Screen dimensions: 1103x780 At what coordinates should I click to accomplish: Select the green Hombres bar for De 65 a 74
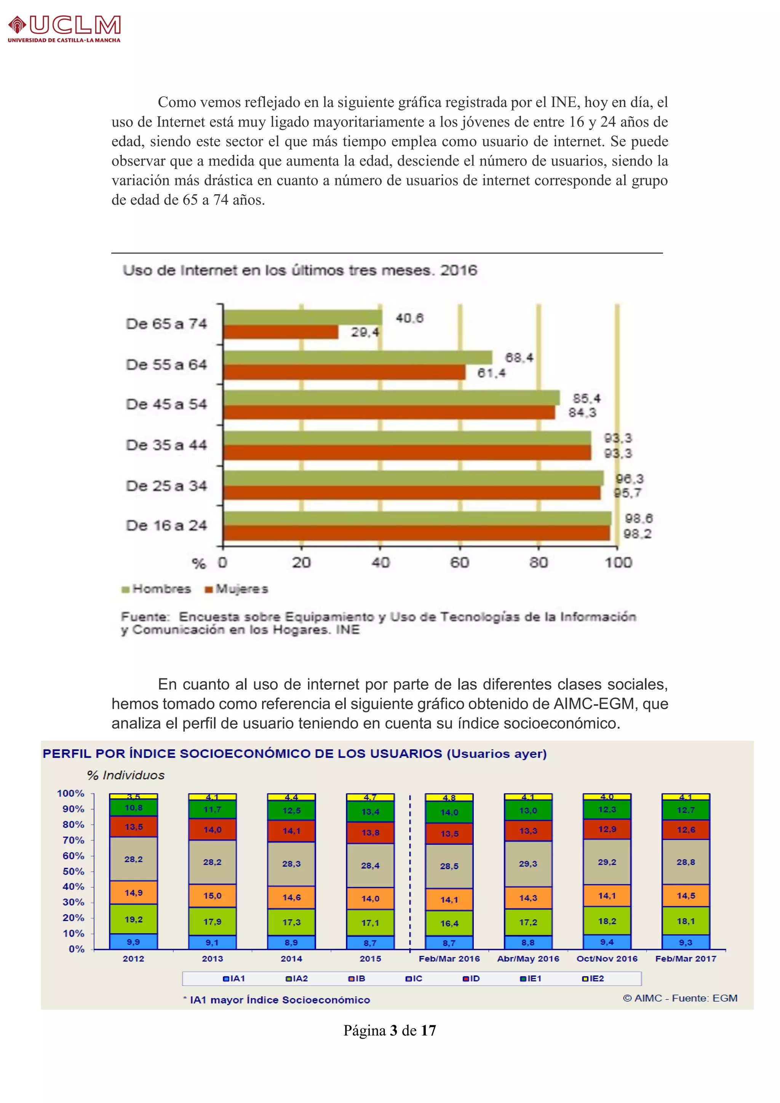pyautogui.click(x=302, y=317)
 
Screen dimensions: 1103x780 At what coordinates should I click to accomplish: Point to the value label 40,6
pyautogui.click(x=409, y=318)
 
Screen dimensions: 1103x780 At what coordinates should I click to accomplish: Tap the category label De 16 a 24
pyautogui.click(x=166, y=526)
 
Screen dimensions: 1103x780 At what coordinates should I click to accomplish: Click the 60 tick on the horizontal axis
pyautogui.click(x=459, y=563)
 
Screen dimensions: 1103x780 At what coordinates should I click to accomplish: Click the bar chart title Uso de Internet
pyautogui.click(x=300, y=270)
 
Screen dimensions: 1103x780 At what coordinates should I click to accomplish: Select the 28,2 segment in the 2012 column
pyautogui.click(x=134, y=859)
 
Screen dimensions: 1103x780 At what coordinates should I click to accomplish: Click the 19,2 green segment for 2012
pyautogui.click(x=134, y=919)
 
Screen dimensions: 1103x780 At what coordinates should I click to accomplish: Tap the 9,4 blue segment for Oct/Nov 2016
pyautogui.click(x=607, y=942)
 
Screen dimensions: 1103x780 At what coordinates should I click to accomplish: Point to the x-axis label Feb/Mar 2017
pyautogui.click(x=686, y=958)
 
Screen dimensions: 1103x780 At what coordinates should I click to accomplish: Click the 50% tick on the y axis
pyautogui.click(x=74, y=871)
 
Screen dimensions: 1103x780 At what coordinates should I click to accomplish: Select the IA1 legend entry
pyautogui.click(x=234, y=978)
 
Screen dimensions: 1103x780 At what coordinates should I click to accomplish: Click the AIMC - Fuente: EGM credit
pyautogui.click(x=680, y=998)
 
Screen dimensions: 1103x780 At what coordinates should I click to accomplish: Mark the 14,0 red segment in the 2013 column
pyautogui.click(x=212, y=830)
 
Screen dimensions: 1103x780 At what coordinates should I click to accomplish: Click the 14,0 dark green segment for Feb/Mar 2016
pyautogui.click(x=449, y=812)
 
